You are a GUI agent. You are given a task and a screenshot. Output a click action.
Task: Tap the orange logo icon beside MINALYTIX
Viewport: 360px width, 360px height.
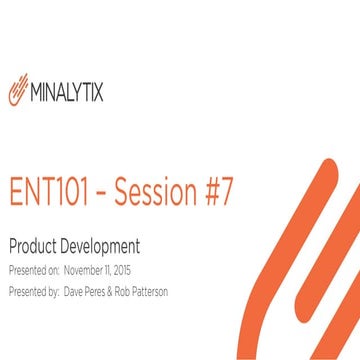coord(20,92)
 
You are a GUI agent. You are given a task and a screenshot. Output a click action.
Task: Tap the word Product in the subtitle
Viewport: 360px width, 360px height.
coord(33,246)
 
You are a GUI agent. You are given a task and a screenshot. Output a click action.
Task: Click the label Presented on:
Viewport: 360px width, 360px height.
coord(32,270)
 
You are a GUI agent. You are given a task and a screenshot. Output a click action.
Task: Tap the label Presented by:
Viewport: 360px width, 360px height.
coord(32,293)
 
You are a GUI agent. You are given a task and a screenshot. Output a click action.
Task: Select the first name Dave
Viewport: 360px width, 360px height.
coord(75,293)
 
